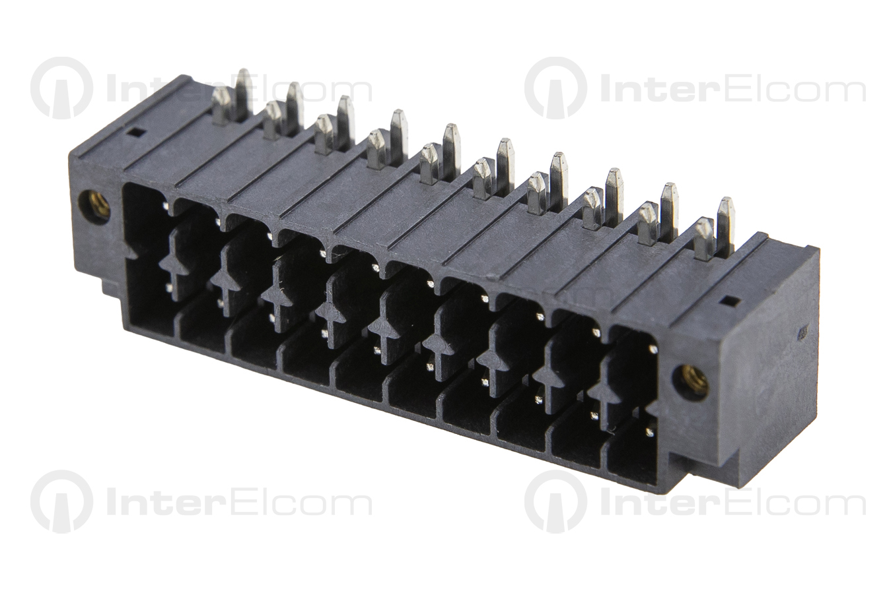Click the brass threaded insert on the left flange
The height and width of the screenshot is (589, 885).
point(94,206)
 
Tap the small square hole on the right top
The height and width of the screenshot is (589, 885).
point(726,302)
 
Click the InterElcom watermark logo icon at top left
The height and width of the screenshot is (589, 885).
point(62,88)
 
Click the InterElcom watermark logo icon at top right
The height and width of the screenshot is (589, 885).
point(556,88)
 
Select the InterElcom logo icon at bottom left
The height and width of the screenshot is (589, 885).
point(62,501)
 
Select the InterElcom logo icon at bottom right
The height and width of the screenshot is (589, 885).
point(556,501)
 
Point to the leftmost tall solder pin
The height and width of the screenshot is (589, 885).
point(244,95)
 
